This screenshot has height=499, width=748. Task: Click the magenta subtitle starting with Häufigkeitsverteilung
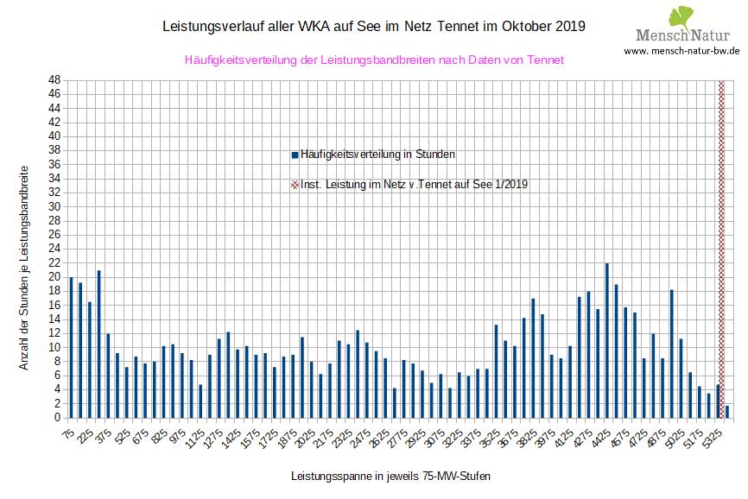coord(374,60)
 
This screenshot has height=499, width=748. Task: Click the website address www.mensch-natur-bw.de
coord(681,51)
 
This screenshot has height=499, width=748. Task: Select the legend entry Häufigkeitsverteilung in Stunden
coord(374,155)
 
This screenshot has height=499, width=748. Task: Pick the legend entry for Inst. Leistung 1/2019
coord(410,184)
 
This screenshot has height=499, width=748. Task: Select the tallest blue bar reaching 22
coord(607,340)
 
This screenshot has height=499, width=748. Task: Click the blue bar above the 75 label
coord(71,347)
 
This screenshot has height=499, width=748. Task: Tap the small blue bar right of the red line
coord(728,412)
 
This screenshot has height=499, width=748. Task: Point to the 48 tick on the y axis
coord(54,80)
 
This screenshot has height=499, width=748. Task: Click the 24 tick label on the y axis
coord(54,249)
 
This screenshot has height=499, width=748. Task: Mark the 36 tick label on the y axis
coord(54,165)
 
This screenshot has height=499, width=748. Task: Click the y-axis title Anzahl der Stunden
coord(24,268)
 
